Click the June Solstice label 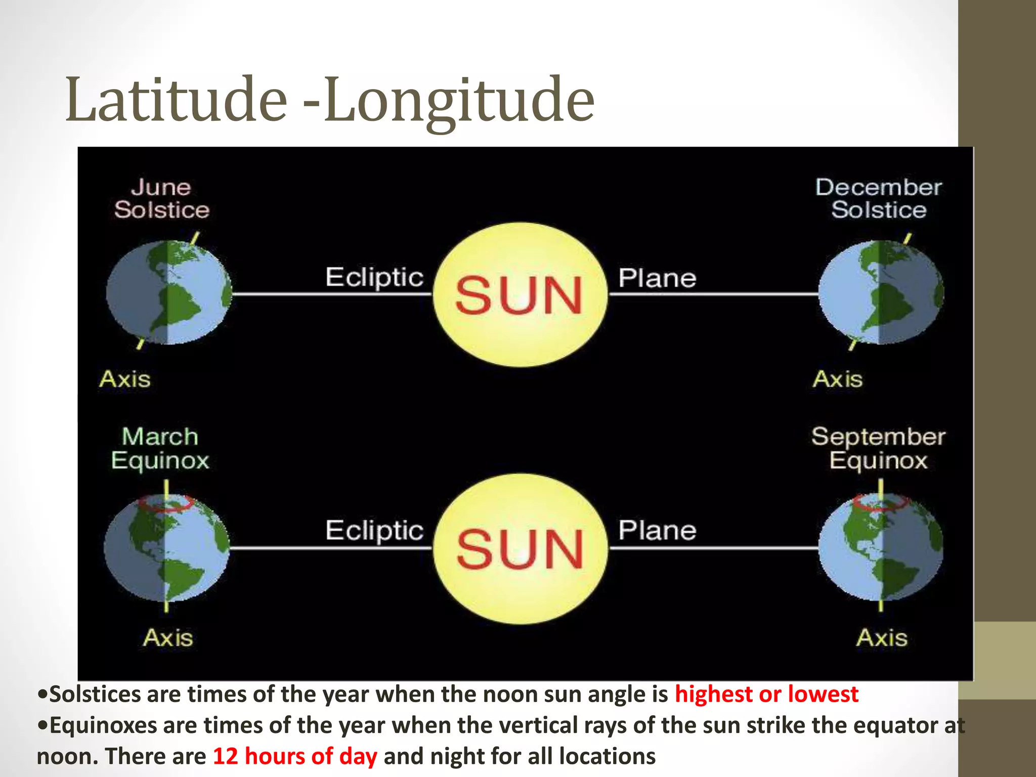tap(161, 199)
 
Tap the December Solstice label tap(879, 199)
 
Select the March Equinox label tap(160, 449)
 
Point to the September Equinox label tap(879, 449)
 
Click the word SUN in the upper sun tap(519, 295)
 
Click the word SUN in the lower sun tap(520, 549)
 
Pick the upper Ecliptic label tap(374, 278)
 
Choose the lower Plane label tap(657, 531)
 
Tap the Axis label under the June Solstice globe tap(125, 379)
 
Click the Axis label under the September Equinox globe tap(882, 637)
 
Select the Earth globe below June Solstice tap(169, 293)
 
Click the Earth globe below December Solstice tap(881, 293)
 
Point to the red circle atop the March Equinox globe tap(166, 503)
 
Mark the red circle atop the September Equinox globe tap(880, 502)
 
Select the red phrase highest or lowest tap(766, 694)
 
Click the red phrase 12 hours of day tap(295, 756)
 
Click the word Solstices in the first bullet tap(95, 694)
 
